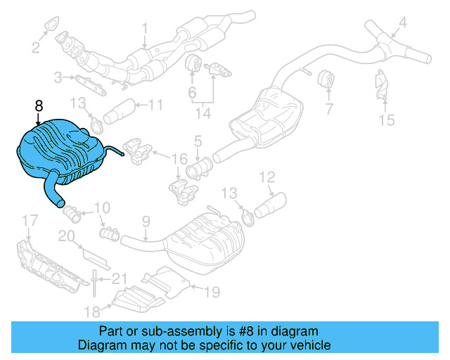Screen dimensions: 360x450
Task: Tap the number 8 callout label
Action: click(39, 105)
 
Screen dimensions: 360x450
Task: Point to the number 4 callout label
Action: click(402, 22)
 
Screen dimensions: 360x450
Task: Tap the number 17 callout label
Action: click(27, 222)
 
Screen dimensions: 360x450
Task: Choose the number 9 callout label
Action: click(146, 222)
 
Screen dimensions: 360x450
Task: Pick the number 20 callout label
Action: click(66, 236)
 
